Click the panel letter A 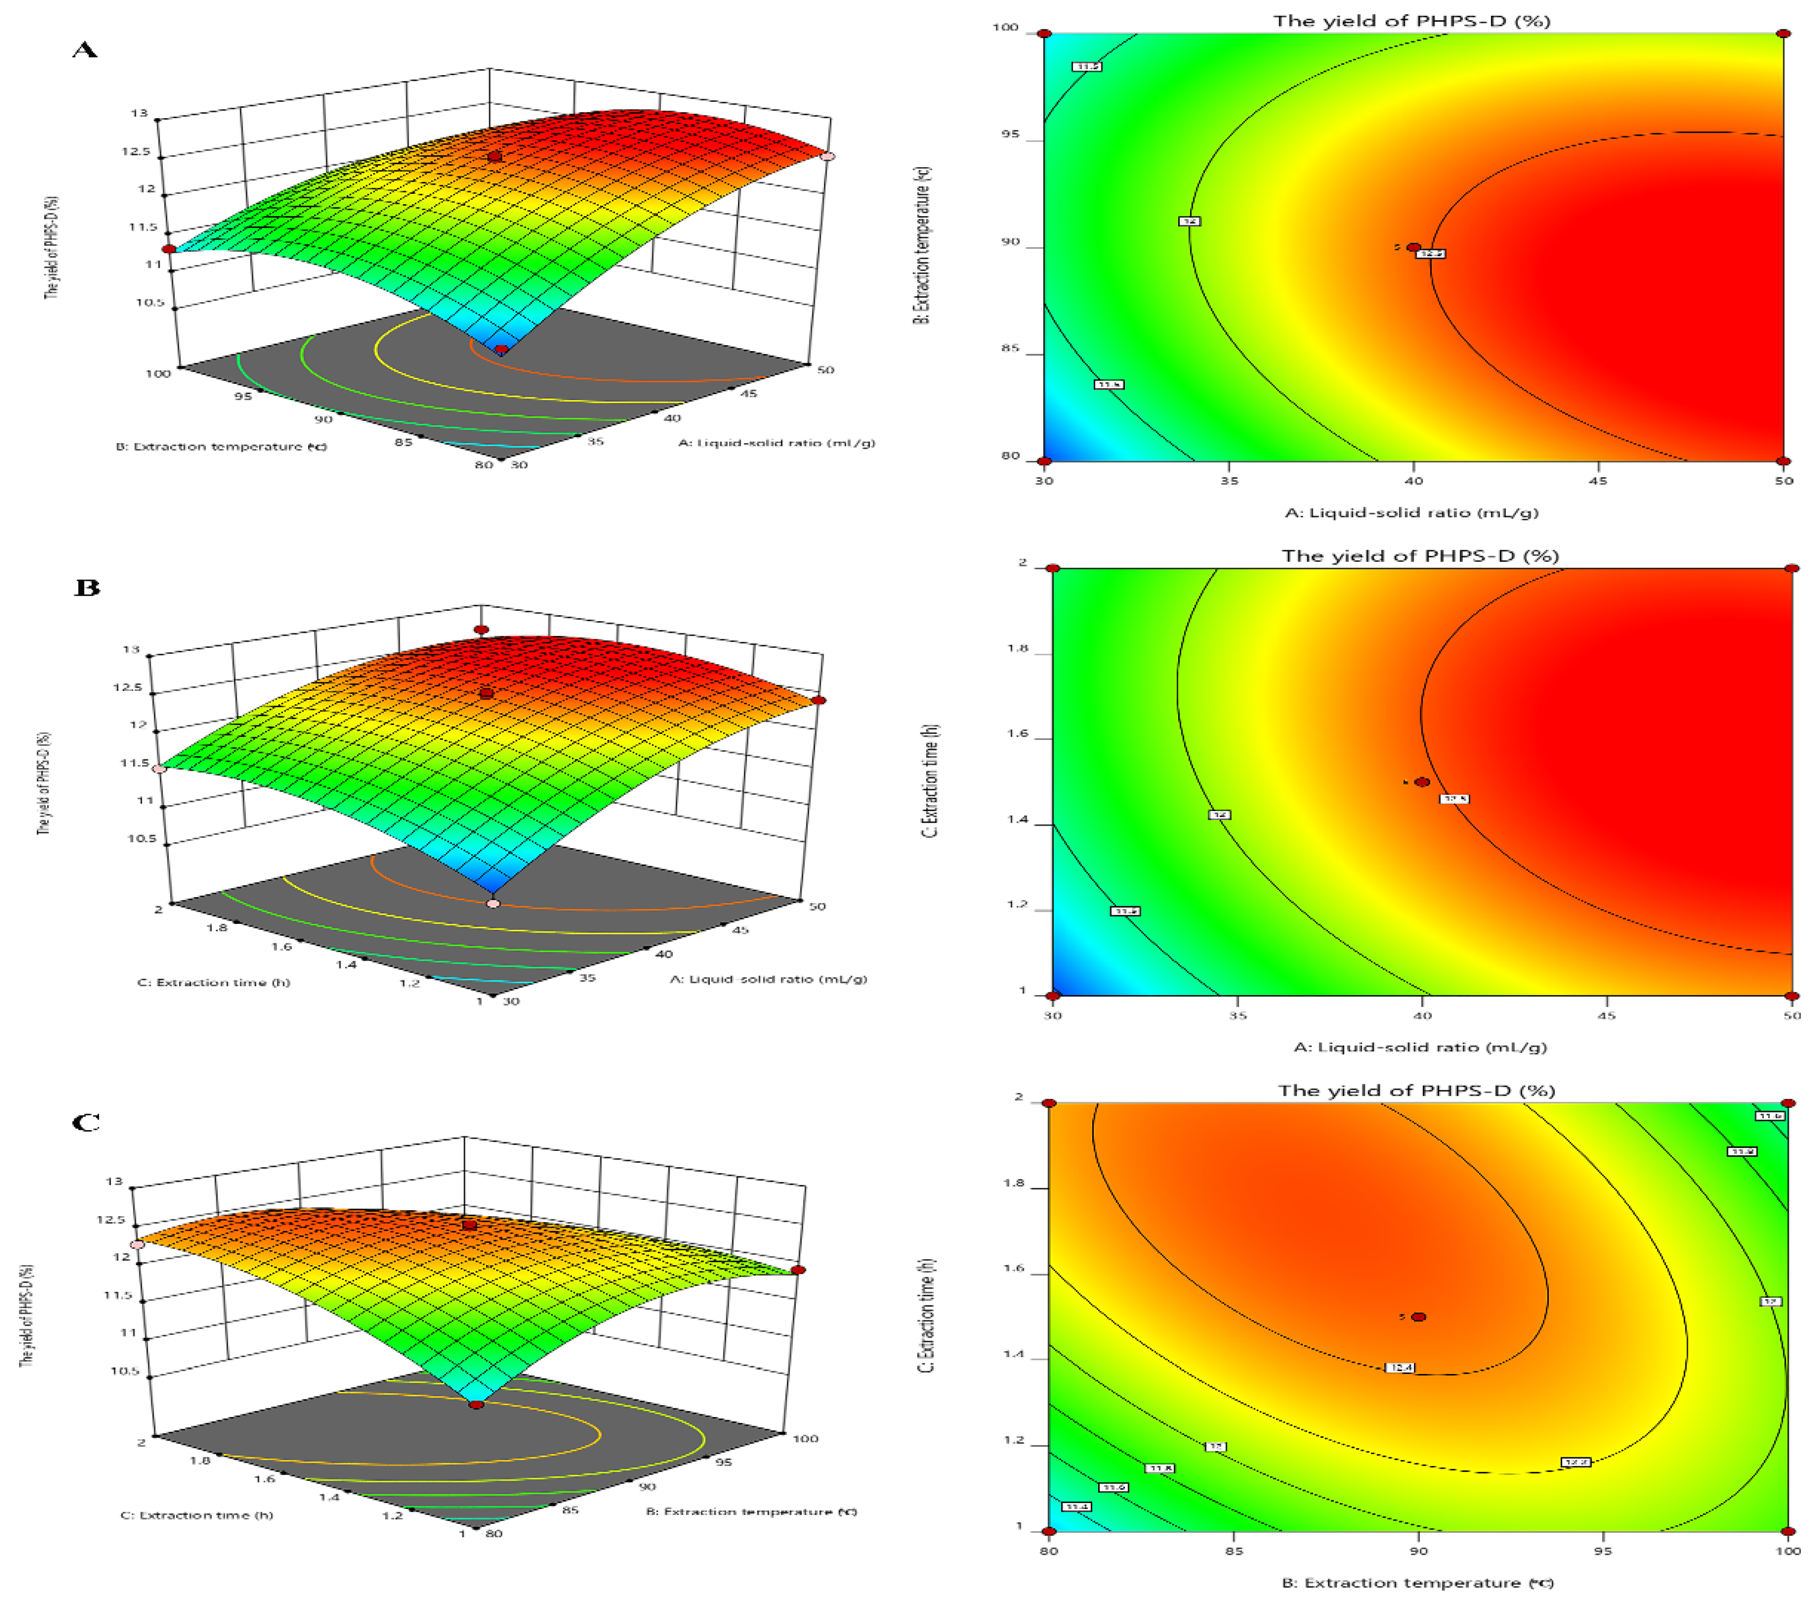[84, 50]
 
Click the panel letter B [87, 587]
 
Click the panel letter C [86, 1123]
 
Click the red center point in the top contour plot [1413, 247]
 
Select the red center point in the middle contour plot [1423, 782]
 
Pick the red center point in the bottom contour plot [1419, 1317]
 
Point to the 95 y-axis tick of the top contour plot [1011, 134]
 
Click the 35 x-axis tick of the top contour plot [1229, 481]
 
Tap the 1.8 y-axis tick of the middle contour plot [1017, 649]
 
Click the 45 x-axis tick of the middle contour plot [1606, 1015]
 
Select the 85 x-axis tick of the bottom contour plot [1234, 1551]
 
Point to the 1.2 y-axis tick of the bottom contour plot [1014, 1440]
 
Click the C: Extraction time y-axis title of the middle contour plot [930, 780]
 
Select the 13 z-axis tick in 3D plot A [139, 113]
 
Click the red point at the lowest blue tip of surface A [502, 349]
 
